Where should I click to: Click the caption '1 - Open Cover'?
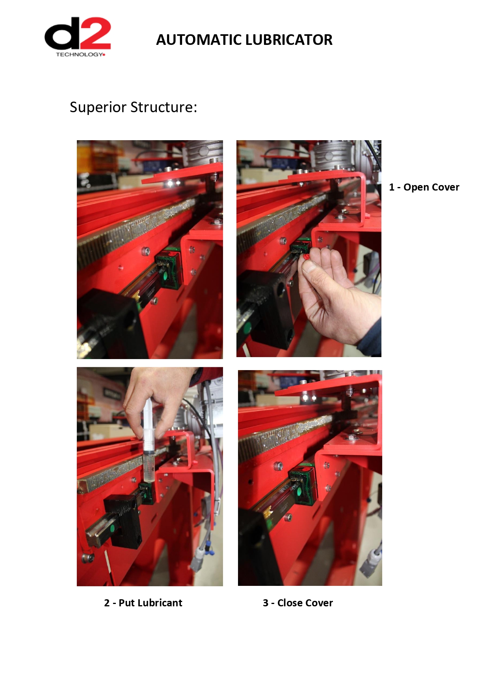pyautogui.click(x=424, y=187)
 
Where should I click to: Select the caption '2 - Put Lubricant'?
pyautogui.click(x=143, y=603)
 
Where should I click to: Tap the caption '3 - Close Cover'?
pyautogui.click(x=298, y=603)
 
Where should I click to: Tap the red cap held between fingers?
pyautogui.click(x=306, y=257)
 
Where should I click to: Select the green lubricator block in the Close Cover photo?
pyautogui.click(x=303, y=486)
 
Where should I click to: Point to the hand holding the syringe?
pyautogui.click(x=160, y=398)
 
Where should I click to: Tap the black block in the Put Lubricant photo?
pyautogui.click(x=123, y=520)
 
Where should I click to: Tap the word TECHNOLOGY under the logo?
pyautogui.click(x=79, y=54)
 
